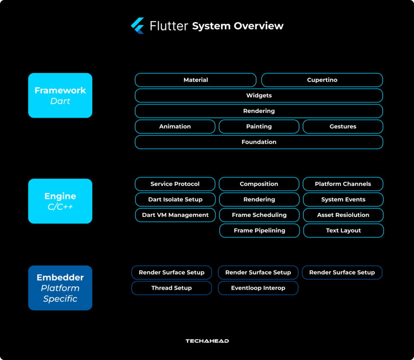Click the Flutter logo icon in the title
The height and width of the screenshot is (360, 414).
[x=138, y=26]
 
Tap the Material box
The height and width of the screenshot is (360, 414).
[x=196, y=80]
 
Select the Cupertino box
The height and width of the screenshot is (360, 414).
[x=322, y=80]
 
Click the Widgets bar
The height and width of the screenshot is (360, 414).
[x=259, y=96]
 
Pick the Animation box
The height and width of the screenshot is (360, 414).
[x=175, y=126]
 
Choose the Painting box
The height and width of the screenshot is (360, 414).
[x=259, y=126]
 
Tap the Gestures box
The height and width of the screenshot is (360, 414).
[x=343, y=126]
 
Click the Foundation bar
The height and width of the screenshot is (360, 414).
[x=259, y=142]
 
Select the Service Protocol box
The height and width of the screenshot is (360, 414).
[x=175, y=184]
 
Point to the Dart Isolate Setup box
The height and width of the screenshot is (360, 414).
[x=175, y=200]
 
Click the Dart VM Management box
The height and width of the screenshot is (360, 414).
[x=175, y=215]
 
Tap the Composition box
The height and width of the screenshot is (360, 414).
[x=259, y=184]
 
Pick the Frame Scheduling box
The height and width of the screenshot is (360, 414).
[x=259, y=215]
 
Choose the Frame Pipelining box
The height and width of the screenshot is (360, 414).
[x=259, y=231]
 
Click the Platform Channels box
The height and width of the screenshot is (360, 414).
[x=343, y=184]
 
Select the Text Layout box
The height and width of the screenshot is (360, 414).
[x=343, y=231]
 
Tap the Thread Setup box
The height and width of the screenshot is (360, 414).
[x=171, y=288]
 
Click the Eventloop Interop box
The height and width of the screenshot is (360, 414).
[x=258, y=288]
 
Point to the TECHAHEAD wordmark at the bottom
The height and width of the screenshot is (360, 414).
[x=207, y=341]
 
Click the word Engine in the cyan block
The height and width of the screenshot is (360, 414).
[x=60, y=196]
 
